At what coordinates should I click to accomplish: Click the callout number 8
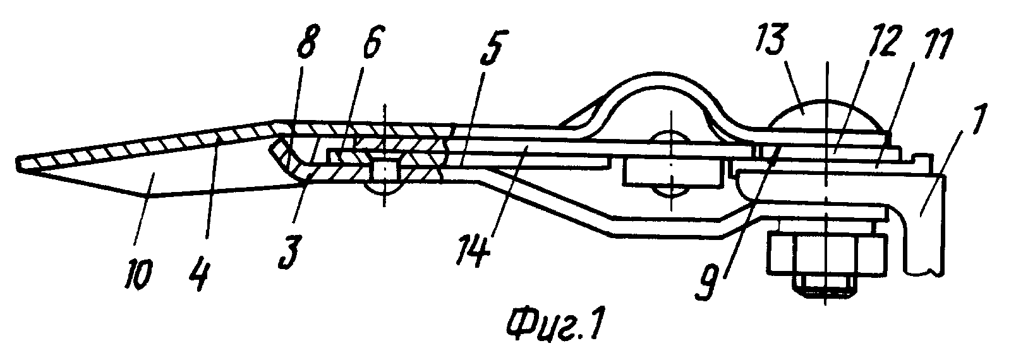click(x=306, y=42)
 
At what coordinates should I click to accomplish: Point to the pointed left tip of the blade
click(x=18, y=164)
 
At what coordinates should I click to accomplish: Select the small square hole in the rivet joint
click(x=384, y=171)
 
